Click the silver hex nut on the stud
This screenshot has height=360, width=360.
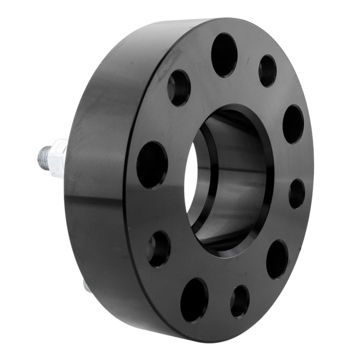coord(59,158)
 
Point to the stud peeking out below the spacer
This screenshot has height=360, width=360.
coord(87,287)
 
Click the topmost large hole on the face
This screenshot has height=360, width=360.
coord(224,55)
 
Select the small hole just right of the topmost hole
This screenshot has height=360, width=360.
coord(267,71)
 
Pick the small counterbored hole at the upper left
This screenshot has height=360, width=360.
coord(179,88)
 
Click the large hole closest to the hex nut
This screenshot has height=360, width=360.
coord(152,165)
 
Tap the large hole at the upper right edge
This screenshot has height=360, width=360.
coord(293,124)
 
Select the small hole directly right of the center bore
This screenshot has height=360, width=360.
coord(297,193)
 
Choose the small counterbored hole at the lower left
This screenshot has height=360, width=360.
coord(159,249)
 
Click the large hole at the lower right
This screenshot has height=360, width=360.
coord(277,259)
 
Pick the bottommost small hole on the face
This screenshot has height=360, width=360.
coord(240,301)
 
